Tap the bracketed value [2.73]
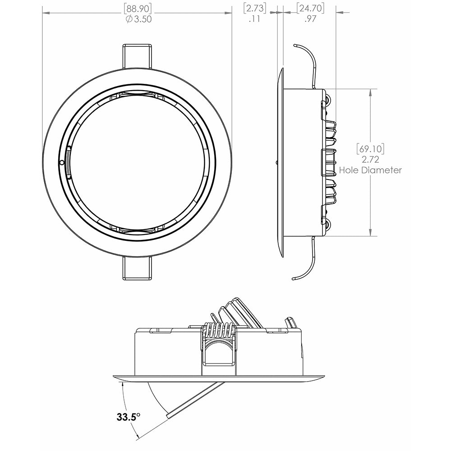(x=254, y=8)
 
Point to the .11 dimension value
(x=254, y=19)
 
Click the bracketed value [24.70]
(x=310, y=8)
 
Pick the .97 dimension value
(x=310, y=19)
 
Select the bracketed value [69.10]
(x=370, y=148)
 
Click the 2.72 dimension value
(x=370, y=159)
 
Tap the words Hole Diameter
(x=370, y=170)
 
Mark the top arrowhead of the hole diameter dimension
(x=370, y=92)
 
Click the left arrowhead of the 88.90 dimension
(x=45, y=14)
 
